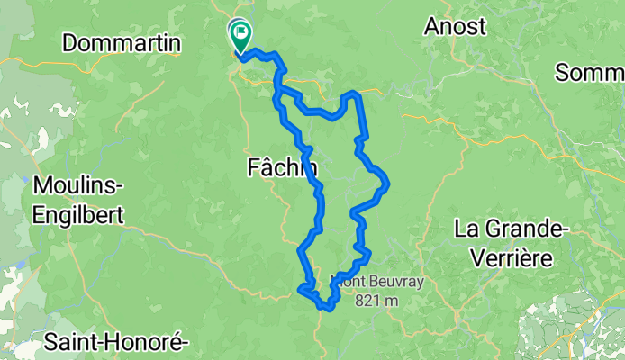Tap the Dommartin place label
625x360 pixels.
pos(122,43)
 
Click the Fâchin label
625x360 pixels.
pos(282,166)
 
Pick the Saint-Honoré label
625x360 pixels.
pos(115,342)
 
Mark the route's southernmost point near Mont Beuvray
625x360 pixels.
pos(328,310)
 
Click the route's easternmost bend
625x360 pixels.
pos(387,184)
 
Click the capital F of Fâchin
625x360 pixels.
pos(252,166)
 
